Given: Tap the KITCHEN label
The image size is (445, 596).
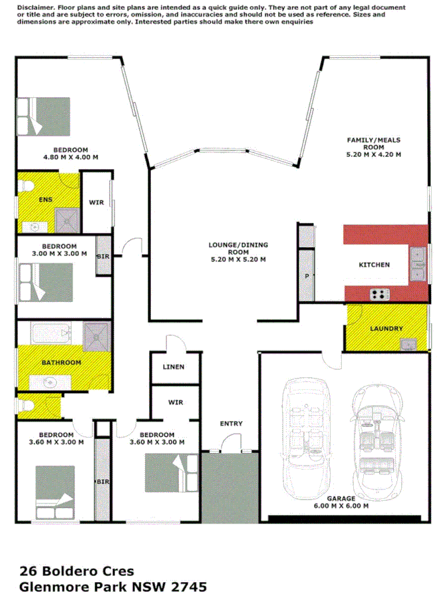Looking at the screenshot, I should pyautogui.click(x=374, y=265).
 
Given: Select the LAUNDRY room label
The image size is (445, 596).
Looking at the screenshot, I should pyautogui.click(x=386, y=329).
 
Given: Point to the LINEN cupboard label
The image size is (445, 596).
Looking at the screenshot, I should pyautogui.click(x=173, y=367).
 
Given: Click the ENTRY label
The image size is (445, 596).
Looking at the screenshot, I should pyautogui.click(x=231, y=424).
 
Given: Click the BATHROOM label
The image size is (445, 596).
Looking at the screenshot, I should pyautogui.click(x=61, y=363).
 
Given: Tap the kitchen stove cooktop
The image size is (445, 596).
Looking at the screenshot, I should pyautogui.click(x=379, y=293).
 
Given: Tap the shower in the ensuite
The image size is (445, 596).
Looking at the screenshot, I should pyautogui.click(x=68, y=218).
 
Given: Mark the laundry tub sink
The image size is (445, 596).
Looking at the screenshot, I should pyautogui.click(x=408, y=343).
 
